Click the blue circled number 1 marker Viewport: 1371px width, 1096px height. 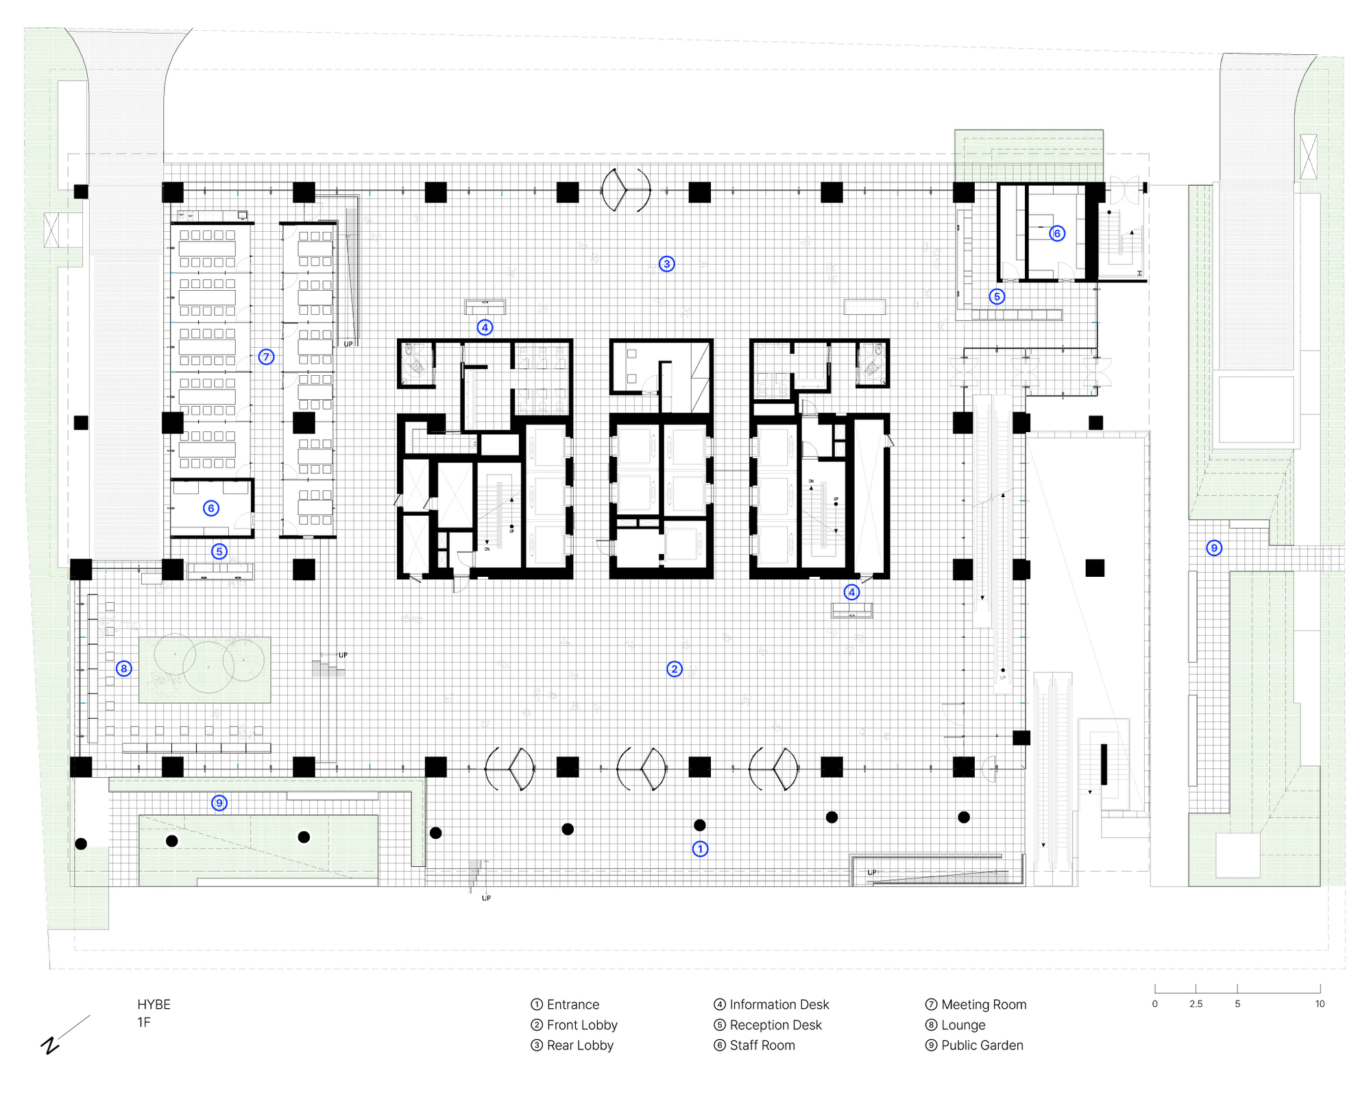[x=700, y=848]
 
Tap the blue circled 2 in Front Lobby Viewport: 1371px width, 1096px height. [x=675, y=669]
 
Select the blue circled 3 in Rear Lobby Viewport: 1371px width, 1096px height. [x=666, y=263]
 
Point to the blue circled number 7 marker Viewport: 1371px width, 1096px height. [x=266, y=357]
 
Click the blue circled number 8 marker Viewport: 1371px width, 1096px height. [x=123, y=668]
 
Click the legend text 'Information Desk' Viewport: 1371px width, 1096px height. [x=779, y=1004]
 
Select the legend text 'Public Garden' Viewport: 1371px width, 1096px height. [x=982, y=1045]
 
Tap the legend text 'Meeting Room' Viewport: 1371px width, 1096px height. [x=983, y=1004]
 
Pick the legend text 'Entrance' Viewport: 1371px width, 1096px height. [x=572, y=1004]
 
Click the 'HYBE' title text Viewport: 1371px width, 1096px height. [x=154, y=1004]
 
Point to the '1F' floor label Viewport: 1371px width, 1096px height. [x=143, y=1022]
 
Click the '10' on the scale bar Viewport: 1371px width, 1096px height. [x=1320, y=1003]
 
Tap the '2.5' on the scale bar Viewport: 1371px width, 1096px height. [x=1196, y=1003]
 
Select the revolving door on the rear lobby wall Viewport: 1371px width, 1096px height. [x=625, y=190]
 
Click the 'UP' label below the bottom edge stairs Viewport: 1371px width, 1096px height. [x=486, y=898]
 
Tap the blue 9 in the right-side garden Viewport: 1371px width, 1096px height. [x=1214, y=547]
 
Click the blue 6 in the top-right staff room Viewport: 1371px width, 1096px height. [x=1057, y=233]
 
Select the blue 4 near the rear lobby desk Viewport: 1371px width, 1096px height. [x=485, y=327]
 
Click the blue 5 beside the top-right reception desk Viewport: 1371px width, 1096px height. [x=997, y=296]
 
